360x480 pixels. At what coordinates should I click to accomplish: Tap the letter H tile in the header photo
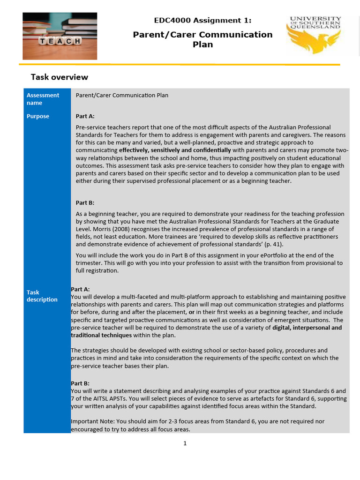click(77, 41)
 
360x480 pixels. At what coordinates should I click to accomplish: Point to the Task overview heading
click(59, 77)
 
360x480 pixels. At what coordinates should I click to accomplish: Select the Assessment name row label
click(43, 99)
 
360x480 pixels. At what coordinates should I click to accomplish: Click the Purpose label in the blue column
click(38, 116)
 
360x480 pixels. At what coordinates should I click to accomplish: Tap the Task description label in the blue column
click(42, 296)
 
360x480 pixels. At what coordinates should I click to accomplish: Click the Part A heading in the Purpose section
click(85, 116)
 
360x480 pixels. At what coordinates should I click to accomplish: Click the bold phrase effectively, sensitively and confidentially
click(175, 150)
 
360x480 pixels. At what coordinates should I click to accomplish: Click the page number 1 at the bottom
click(185, 443)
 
